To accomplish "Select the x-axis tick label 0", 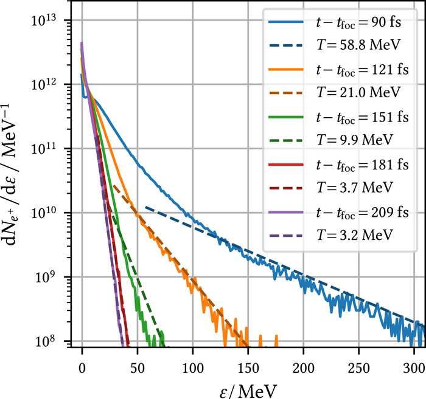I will point(82,358).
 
